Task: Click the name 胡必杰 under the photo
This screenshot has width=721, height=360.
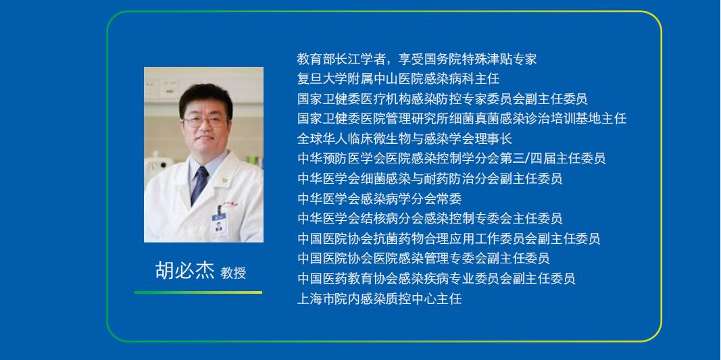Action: (x=185, y=271)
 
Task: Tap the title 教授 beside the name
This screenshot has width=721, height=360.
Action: (x=234, y=273)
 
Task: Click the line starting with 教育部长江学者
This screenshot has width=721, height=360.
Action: (x=417, y=59)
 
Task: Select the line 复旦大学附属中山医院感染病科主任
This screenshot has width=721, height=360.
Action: (x=398, y=78)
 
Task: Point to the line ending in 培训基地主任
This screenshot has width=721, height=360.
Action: (x=462, y=119)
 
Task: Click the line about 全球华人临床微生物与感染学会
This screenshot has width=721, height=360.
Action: (x=405, y=138)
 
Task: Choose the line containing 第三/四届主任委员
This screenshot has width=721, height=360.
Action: (x=451, y=159)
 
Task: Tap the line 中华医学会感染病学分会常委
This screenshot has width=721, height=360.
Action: (x=379, y=199)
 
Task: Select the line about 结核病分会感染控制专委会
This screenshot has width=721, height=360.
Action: (x=430, y=218)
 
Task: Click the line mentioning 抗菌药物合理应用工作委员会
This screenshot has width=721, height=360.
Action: (x=449, y=238)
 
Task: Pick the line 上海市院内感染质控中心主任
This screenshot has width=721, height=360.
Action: (x=379, y=299)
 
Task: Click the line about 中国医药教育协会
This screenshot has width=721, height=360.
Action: (x=437, y=279)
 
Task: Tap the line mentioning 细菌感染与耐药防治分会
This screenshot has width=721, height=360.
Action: (x=430, y=178)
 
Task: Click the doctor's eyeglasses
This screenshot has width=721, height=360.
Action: (x=205, y=122)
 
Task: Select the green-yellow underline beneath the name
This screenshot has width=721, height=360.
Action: (x=198, y=292)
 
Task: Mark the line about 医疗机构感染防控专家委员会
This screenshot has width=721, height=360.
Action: (x=443, y=99)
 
